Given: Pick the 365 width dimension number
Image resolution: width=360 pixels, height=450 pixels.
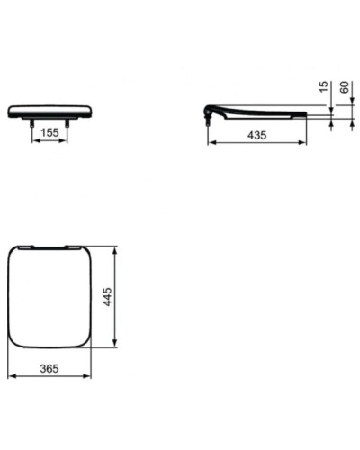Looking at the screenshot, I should [x=50, y=369].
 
